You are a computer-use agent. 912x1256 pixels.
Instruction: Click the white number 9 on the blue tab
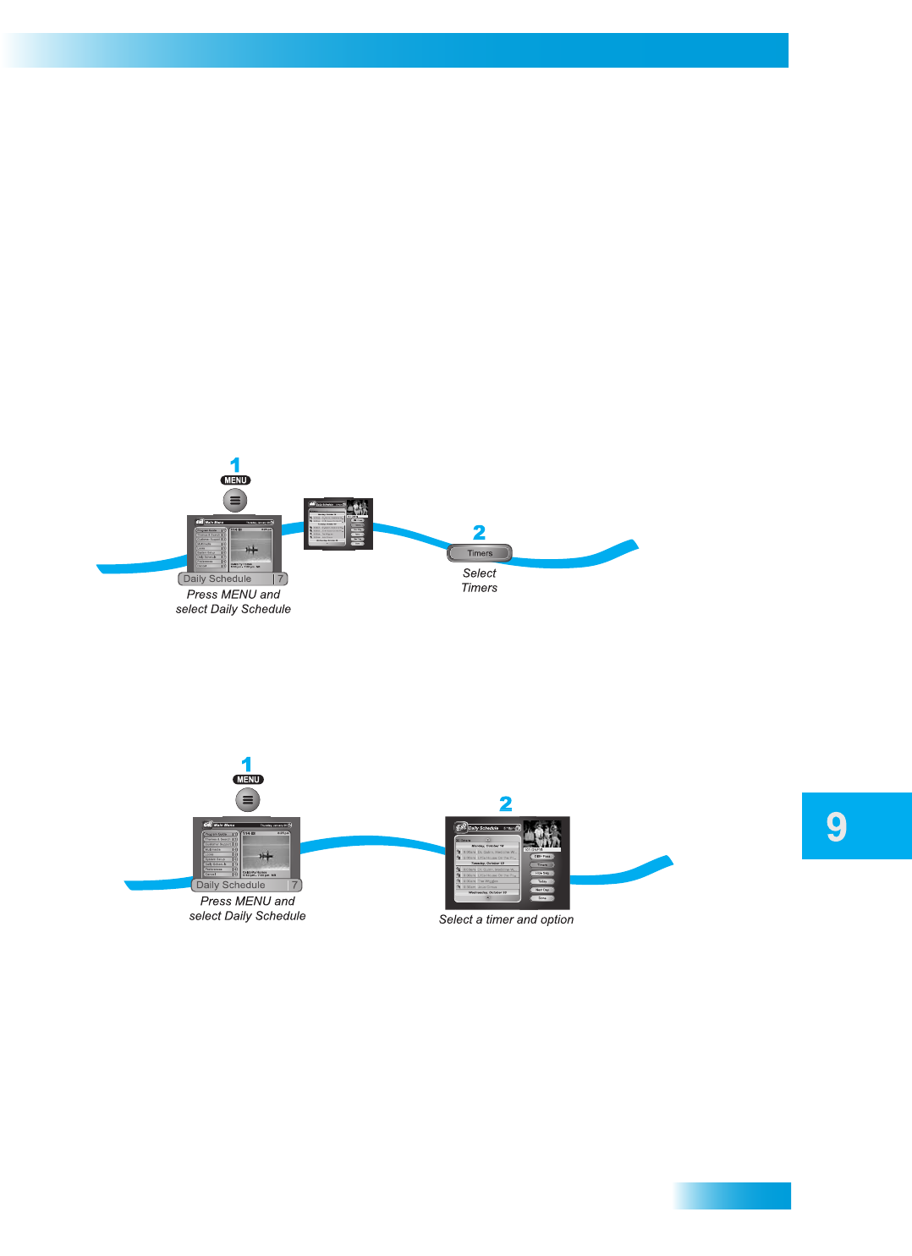point(836,826)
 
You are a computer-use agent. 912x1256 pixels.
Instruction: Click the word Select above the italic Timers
point(479,573)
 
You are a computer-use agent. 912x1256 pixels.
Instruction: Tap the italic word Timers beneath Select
point(479,588)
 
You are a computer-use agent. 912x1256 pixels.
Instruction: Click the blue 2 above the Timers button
point(479,532)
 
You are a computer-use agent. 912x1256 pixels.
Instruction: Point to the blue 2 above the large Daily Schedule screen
point(505,804)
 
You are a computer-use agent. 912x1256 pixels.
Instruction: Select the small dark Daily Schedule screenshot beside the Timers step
point(338,524)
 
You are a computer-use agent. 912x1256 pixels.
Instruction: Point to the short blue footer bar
point(733,1195)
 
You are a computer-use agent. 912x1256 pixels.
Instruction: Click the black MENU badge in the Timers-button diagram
point(235,480)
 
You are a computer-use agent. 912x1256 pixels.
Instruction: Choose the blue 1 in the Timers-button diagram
point(235,464)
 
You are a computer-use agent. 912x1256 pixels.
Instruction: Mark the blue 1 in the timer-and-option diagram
point(247,764)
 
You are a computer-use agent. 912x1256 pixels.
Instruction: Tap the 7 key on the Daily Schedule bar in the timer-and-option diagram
point(294,885)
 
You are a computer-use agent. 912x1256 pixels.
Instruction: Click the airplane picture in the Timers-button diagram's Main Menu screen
point(251,548)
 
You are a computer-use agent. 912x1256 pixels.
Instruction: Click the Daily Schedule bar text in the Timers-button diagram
point(217,579)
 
